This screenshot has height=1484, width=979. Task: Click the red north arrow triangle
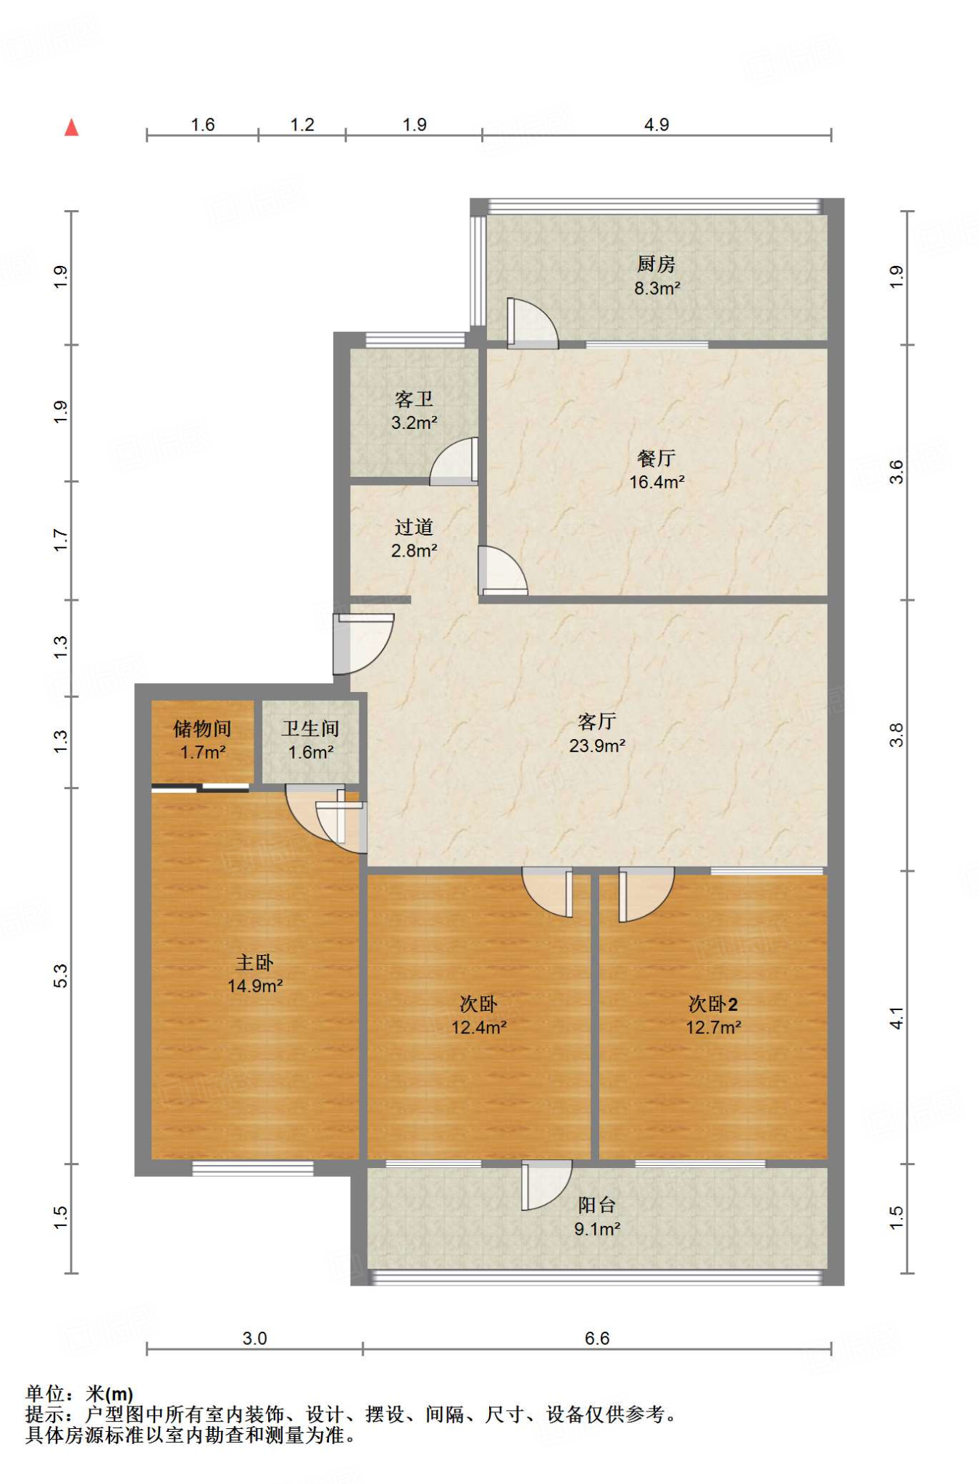[x=71, y=128]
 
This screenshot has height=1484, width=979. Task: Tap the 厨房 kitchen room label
[x=657, y=264]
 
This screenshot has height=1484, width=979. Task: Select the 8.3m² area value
[x=657, y=288]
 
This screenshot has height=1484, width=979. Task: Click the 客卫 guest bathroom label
[x=414, y=399]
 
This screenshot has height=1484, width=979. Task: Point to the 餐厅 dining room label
[x=657, y=458]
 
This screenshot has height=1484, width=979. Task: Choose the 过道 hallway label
[x=414, y=527]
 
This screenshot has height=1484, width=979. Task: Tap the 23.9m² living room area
[x=597, y=746]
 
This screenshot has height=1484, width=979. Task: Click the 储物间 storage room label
[x=202, y=728]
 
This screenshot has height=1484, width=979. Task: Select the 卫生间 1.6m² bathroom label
[x=311, y=740]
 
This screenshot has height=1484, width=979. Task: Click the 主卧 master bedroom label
[x=254, y=962]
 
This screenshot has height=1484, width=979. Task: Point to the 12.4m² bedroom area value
[x=479, y=1027]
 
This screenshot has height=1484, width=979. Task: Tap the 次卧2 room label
[x=713, y=1004]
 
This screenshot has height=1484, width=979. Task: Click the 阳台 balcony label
[x=597, y=1205]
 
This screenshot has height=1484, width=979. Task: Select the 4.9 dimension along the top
[x=657, y=125]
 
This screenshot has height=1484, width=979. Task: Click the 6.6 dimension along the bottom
[x=597, y=1338]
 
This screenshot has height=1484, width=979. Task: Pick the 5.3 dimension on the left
[x=60, y=975]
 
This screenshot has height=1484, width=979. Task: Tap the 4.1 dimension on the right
[x=897, y=1018]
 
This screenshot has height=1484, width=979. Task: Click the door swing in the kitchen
[x=533, y=323]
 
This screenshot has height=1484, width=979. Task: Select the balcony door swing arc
[x=547, y=1185]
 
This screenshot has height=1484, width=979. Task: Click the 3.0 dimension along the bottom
[x=254, y=1338]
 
